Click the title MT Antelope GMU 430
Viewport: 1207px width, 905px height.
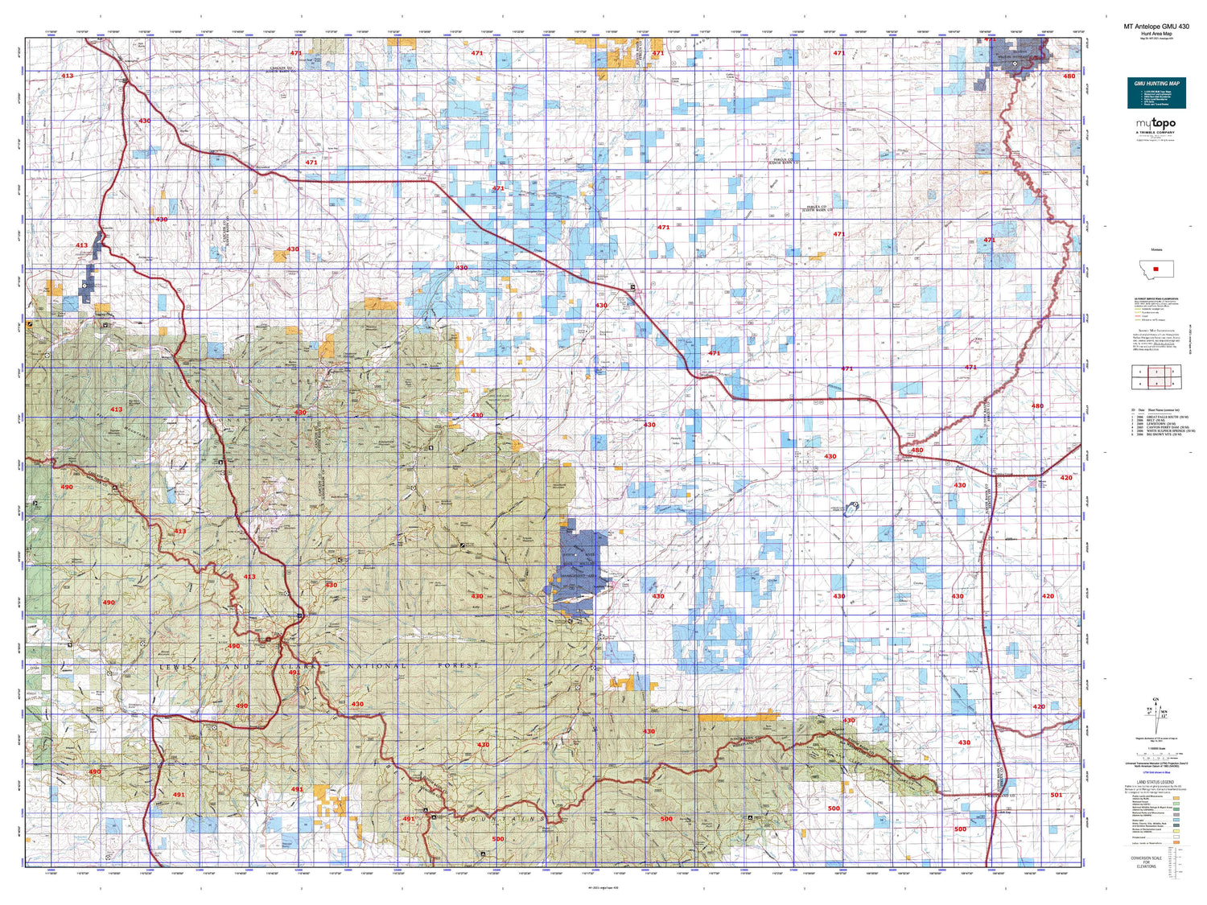click(1156, 27)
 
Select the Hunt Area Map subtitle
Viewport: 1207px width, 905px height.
click(1156, 34)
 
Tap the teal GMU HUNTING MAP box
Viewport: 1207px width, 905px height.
click(1156, 93)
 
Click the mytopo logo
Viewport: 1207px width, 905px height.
click(1156, 124)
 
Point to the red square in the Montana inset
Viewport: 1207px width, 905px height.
click(1156, 269)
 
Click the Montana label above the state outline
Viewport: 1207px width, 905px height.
click(1156, 250)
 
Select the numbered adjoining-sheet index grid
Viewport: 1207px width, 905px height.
click(1156, 377)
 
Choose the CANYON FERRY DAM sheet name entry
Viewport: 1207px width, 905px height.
click(1165, 426)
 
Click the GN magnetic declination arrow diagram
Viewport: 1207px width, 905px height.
click(1156, 713)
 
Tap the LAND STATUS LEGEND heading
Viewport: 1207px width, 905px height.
click(1155, 782)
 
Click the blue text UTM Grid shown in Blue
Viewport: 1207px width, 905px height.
click(1156, 773)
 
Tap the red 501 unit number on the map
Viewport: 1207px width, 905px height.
click(1056, 795)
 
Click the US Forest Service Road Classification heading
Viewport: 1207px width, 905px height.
click(1156, 298)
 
